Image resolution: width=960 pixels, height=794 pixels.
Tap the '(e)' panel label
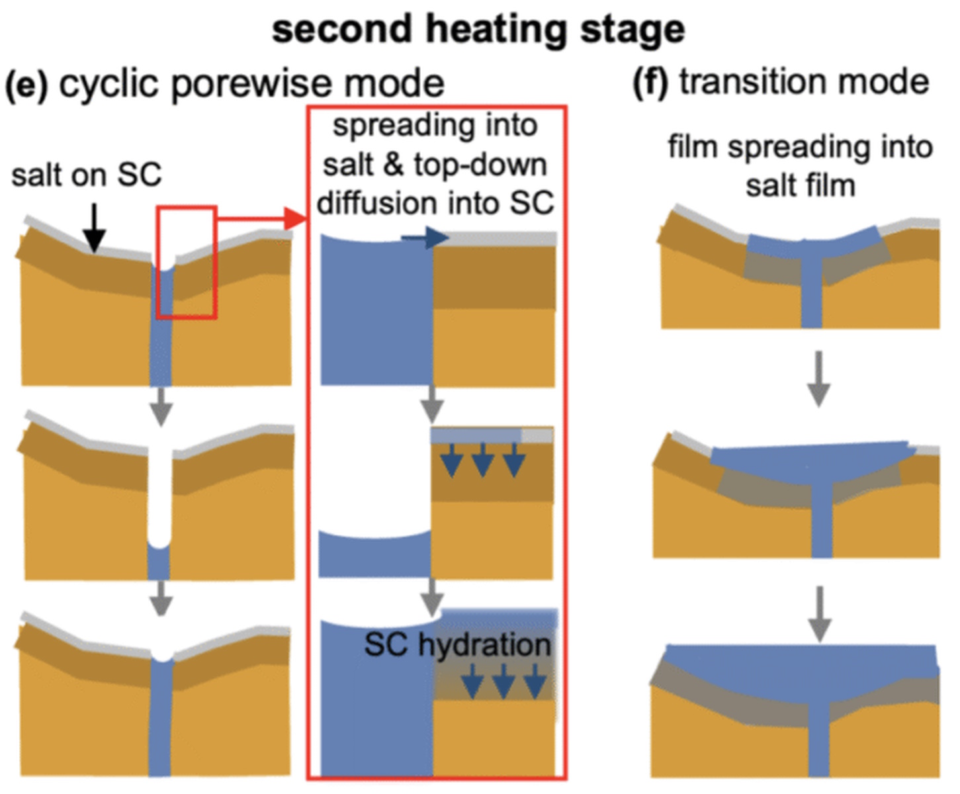[26, 85]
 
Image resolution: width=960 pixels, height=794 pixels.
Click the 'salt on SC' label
[87, 175]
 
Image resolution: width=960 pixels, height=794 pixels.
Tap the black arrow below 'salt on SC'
[95, 228]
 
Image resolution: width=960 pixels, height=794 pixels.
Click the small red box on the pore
[187, 262]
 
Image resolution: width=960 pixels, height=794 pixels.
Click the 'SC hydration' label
[457, 644]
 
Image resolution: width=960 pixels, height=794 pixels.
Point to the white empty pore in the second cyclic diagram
[159, 496]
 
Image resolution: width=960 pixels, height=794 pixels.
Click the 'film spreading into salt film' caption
[800, 166]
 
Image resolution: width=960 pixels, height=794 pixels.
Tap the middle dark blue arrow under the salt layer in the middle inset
[483, 459]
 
